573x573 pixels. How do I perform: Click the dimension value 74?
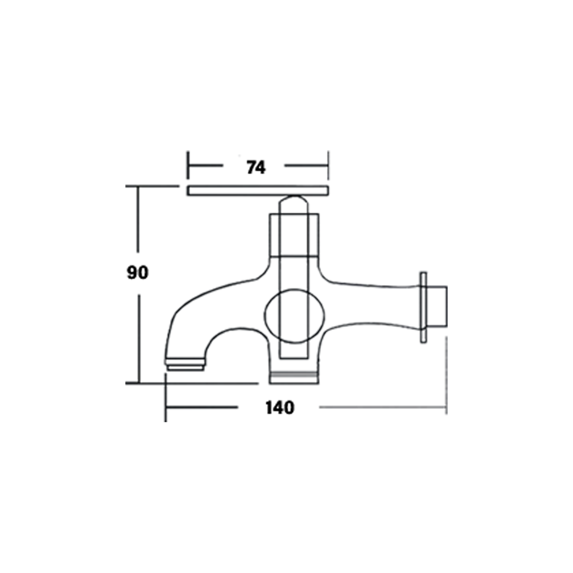point(256,168)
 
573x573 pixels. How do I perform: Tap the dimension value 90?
point(138,273)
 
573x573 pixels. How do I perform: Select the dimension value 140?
point(280,407)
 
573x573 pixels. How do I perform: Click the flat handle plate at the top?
point(258,191)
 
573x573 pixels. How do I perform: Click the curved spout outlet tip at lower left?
point(185,364)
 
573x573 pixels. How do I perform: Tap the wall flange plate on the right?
point(423,307)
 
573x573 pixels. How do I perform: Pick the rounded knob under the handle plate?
point(294,204)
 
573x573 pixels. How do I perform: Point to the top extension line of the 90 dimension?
point(151,186)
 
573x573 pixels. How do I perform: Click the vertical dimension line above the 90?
point(138,219)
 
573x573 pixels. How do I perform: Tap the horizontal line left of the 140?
point(201,407)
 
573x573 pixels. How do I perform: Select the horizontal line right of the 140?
point(382,407)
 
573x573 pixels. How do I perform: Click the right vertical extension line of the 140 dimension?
point(446,374)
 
